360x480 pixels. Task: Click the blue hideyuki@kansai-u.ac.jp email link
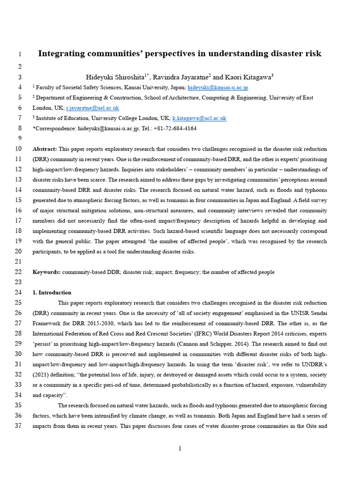pyautogui.click(x=218, y=87)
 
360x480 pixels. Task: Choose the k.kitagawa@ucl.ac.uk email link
pyautogui.click(x=199, y=118)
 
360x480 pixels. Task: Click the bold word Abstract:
pyautogui.click(x=45, y=149)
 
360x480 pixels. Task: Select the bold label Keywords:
pyautogui.click(x=46, y=272)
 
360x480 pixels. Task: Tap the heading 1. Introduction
pyautogui.click(x=52, y=293)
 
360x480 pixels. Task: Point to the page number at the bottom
pyautogui.click(x=180, y=449)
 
